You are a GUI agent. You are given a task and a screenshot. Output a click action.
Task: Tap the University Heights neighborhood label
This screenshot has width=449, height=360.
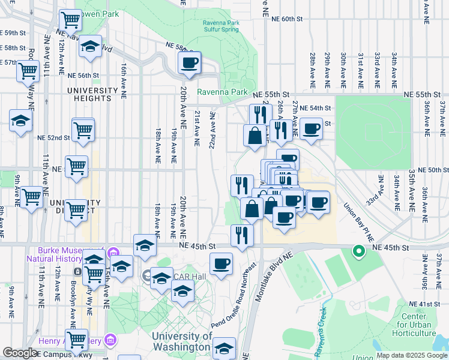[92, 95]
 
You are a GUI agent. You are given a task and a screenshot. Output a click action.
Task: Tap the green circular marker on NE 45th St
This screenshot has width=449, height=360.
[359, 251]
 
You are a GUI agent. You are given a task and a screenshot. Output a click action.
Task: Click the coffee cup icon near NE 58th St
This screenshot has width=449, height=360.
[190, 62]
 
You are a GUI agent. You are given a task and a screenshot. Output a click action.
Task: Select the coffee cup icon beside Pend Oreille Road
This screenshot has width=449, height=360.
[221, 263]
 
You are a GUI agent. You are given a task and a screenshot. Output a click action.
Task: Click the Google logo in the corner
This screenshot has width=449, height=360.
[20, 353]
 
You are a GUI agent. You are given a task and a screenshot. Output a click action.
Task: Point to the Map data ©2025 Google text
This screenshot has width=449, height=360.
[411, 355]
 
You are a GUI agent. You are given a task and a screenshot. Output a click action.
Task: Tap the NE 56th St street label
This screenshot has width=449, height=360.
[83, 76]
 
